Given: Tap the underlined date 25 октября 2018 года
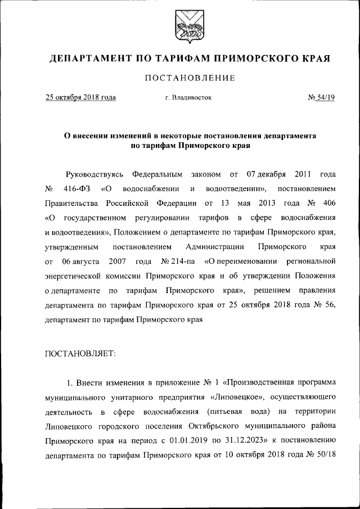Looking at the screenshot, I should (x=80, y=97).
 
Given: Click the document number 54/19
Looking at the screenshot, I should (x=325, y=97).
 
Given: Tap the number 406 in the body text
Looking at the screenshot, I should (x=329, y=202).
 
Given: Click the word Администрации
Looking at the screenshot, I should (x=214, y=246).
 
